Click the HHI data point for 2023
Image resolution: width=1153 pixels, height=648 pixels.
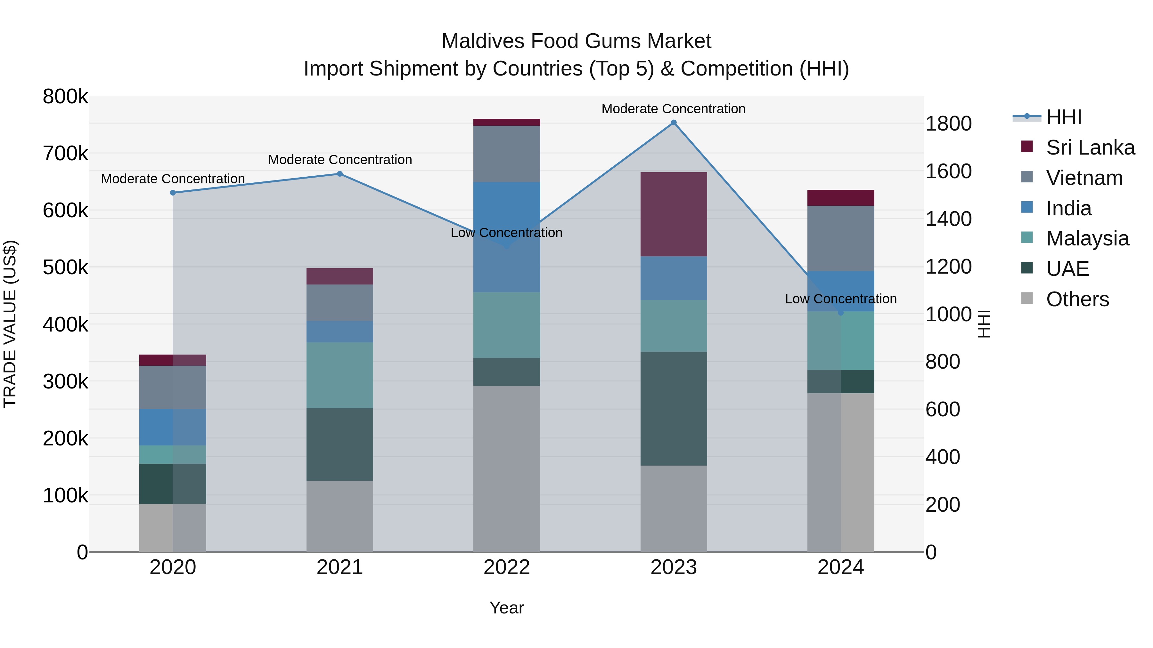point(674,123)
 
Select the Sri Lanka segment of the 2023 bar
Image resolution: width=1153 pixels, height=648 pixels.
point(674,214)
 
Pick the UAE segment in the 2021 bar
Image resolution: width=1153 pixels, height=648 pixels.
point(340,444)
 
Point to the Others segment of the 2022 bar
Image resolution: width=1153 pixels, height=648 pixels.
point(507,469)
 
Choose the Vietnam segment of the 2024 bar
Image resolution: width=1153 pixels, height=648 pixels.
point(841,238)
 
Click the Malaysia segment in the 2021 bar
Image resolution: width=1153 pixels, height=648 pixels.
point(340,375)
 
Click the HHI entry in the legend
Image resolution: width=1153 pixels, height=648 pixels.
point(1063,117)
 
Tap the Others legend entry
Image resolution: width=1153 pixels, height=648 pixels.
point(1077,299)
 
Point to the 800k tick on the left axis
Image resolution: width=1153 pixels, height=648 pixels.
point(65,97)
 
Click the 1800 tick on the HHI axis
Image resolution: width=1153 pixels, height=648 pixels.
point(948,124)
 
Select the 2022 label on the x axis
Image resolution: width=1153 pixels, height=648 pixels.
point(507,567)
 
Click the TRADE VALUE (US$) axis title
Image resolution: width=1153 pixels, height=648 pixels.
point(10,324)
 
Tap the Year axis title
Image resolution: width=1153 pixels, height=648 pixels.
point(507,608)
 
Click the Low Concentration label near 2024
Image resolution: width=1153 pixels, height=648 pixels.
point(841,299)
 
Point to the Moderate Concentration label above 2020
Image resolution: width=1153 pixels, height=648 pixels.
point(173,179)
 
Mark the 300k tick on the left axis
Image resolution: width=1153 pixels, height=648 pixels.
point(65,382)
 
